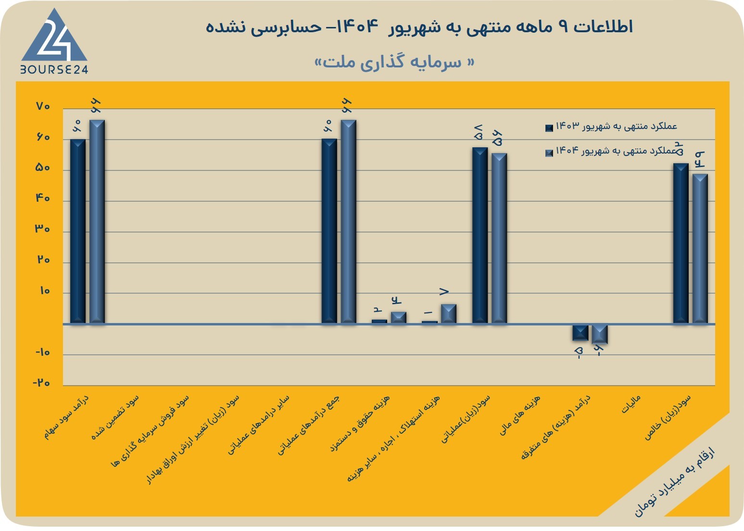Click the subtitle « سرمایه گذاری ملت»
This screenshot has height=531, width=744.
click(x=394, y=62)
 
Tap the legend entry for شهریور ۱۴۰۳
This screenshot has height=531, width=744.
click(x=611, y=127)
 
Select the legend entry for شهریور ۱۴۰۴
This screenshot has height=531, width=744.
click(x=611, y=151)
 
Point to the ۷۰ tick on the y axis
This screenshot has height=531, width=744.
click(x=43, y=106)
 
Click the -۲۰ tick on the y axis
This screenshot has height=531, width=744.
click(x=41, y=383)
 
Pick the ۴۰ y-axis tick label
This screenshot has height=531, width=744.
click(x=42, y=198)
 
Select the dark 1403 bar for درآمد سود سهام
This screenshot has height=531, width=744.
click(x=78, y=231)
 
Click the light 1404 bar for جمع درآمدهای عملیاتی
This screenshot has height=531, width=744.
click(x=348, y=221)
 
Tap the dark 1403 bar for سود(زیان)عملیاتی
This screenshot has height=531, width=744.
click(x=480, y=235)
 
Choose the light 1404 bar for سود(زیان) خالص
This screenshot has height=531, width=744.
click(x=700, y=249)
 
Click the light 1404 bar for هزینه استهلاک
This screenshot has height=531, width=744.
click(x=449, y=314)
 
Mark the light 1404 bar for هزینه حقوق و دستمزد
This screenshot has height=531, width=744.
click(x=399, y=318)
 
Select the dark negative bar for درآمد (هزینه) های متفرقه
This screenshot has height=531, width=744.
click(x=580, y=333)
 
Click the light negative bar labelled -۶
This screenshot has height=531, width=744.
click(x=600, y=334)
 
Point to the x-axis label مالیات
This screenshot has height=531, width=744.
click(x=631, y=404)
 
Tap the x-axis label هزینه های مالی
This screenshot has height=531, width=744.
click(x=520, y=415)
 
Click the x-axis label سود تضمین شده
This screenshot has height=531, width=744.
click(x=115, y=417)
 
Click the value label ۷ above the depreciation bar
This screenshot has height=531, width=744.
click(x=444, y=292)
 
